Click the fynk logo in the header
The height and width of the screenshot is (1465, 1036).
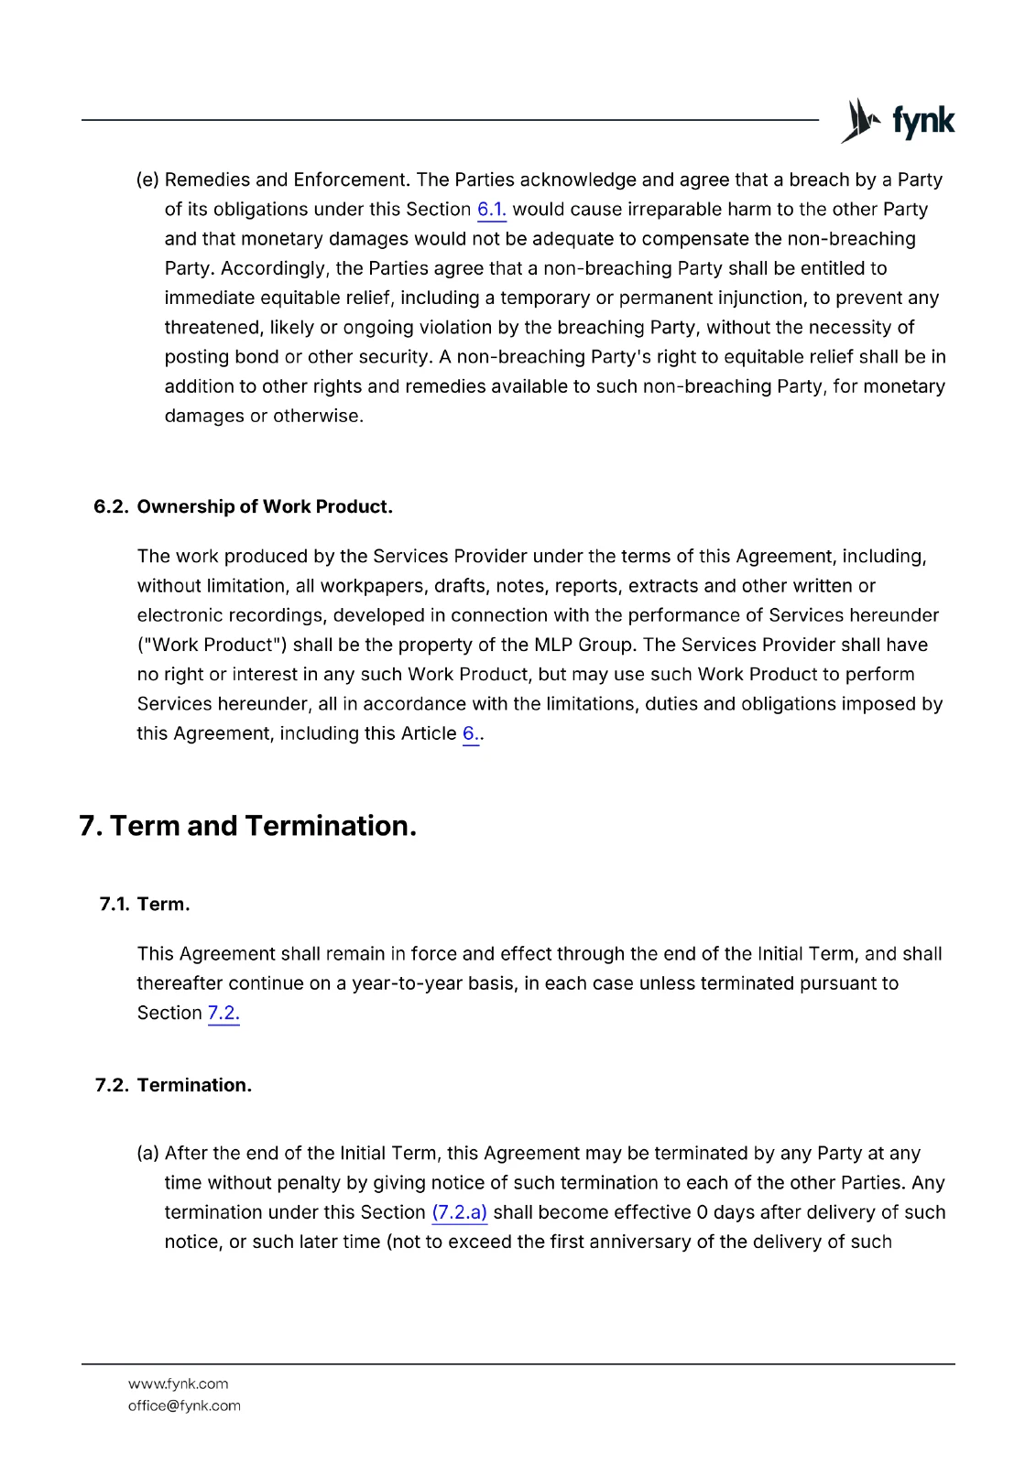(x=898, y=121)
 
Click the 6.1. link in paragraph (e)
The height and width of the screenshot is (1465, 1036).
(x=491, y=210)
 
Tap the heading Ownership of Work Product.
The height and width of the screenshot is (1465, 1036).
(x=265, y=507)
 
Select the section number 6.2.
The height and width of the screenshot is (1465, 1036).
(x=111, y=507)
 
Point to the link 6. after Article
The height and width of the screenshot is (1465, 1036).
(x=470, y=734)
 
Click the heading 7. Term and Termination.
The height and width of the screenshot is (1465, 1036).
(x=248, y=826)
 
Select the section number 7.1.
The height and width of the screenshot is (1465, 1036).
(x=114, y=905)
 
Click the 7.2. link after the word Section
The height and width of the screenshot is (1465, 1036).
(x=224, y=1014)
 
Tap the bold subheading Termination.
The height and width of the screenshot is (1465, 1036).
(x=194, y=1086)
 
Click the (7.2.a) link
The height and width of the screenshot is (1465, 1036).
(x=459, y=1213)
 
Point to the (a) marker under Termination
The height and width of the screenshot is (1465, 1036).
(x=147, y=1154)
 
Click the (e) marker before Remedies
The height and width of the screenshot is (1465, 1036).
(x=147, y=180)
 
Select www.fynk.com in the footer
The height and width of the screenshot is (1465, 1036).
(x=178, y=1384)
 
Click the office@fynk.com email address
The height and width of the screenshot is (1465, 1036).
(x=184, y=1406)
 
